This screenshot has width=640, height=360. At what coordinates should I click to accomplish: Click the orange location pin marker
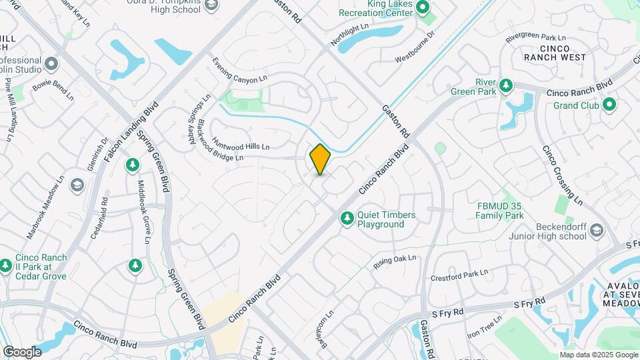coord(320,159)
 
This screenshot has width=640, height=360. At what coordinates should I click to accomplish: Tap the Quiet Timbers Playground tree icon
coord(347,219)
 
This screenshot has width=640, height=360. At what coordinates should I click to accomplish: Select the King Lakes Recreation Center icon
coord(422,8)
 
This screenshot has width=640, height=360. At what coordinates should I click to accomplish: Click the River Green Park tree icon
coord(506,86)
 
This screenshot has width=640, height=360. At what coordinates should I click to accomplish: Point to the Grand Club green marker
coord(609,105)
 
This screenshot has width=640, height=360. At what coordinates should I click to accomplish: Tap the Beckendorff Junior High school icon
coord(595,230)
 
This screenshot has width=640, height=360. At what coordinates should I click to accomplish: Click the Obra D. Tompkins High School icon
coord(211,6)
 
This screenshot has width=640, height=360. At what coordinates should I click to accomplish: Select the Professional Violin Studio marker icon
coord(52,64)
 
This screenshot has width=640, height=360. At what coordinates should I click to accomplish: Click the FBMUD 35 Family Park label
coord(499,211)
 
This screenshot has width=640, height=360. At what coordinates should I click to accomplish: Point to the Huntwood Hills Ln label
coord(241,145)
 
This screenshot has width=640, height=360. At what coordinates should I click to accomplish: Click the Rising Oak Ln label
coord(395,261)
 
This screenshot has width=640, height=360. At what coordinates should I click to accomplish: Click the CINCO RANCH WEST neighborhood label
coord(555,53)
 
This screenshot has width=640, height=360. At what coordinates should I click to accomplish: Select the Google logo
coord(22,351)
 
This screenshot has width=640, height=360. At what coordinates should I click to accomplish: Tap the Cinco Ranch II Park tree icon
coord(6,265)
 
